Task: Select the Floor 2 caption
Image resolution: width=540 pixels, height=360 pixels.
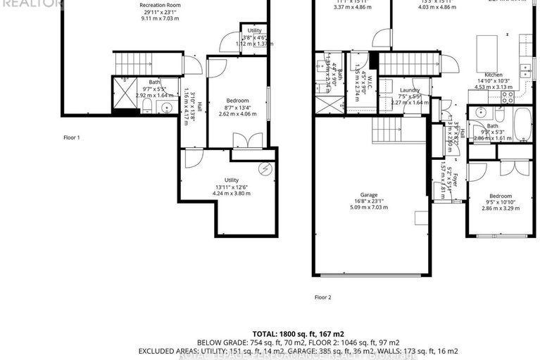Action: coord(322,297)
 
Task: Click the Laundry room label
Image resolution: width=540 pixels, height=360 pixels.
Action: coord(409,90)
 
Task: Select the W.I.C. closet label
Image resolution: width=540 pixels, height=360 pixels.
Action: coord(358,72)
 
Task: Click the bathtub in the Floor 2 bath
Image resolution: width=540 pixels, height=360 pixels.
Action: coord(522,125)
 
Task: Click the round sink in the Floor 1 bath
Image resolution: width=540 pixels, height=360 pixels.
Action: coord(166,108)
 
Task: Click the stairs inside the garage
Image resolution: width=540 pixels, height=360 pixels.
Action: coord(389,130)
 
